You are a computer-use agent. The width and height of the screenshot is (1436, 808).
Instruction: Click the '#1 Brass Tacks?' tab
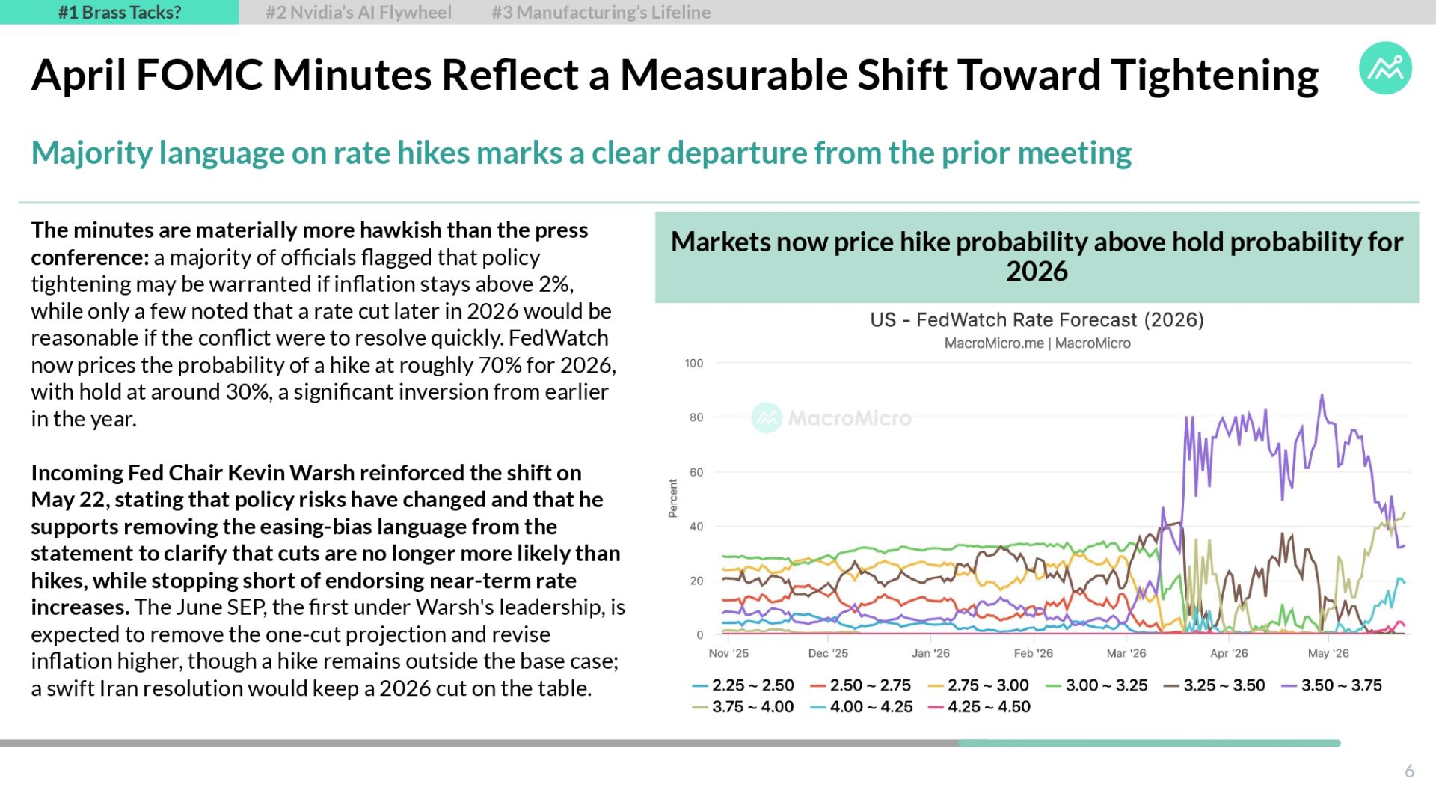click(x=120, y=12)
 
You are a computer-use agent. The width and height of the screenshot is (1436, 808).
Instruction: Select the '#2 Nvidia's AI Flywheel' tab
click(x=358, y=12)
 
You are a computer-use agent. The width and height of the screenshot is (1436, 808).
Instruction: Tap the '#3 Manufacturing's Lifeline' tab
click(x=601, y=12)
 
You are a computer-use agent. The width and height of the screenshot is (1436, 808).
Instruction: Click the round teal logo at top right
click(x=1385, y=68)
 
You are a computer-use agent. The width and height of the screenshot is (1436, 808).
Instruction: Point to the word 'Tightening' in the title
click(x=1214, y=76)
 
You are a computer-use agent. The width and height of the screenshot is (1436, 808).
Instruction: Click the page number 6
click(x=1409, y=771)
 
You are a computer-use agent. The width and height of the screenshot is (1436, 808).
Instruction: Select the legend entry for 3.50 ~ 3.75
click(x=1332, y=685)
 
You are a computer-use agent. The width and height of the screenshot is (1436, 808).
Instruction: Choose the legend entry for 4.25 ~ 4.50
click(x=980, y=707)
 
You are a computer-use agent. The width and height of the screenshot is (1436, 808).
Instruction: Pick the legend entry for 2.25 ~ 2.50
click(x=743, y=685)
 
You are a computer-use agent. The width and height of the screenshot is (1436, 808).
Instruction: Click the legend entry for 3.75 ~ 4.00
click(x=743, y=707)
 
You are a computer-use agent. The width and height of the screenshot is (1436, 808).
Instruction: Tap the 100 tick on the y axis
click(x=694, y=364)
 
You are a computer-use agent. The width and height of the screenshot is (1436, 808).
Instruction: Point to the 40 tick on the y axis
click(x=696, y=527)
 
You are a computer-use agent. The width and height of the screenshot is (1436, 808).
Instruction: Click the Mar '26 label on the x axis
click(x=1126, y=653)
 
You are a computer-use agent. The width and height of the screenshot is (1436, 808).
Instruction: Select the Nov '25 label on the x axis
click(x=728, y=653)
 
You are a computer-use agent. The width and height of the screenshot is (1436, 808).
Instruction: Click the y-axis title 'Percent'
click(x=673, y=498)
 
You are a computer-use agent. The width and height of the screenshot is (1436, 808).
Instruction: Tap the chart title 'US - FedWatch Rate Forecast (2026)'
click(x=1037, y=320)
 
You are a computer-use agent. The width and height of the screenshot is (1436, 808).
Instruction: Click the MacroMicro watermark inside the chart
click(x=832, y=417)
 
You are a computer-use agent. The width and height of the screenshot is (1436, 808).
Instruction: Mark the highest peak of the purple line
click(x=1322, y=395)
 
